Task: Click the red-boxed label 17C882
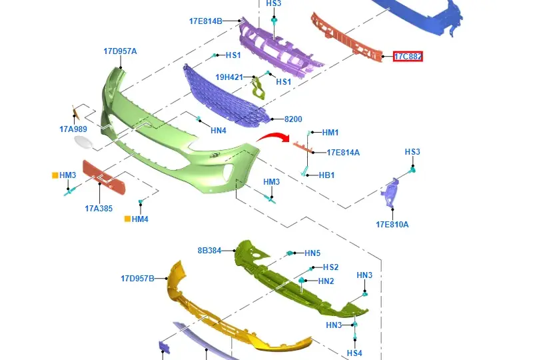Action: click(x=408, y=57)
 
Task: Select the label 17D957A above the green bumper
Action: click(x=120, y=51)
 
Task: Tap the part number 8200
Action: click(x=293, y=119)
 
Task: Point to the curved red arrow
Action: click(x=273, y=137)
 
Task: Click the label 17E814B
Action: click(x=206, y=21)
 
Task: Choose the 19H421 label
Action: click(x=229, y=77)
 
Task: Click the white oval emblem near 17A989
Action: click(x=84, y=142)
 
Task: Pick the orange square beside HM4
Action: click(x=127, y=219)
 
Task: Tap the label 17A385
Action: click(x=99, y=209)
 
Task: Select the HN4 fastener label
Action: click(x=219, y=131)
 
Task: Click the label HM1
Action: click(x=330, y=133)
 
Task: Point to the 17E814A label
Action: click(x=343, y=153)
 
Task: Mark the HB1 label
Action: click(x=326, y=175)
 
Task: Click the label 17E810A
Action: click(x=392, y=225)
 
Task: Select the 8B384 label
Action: click(x=209, y=251)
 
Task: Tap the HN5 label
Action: click(x=312, y=253)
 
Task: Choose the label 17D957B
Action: click(x=137, y=279)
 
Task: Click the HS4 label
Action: click(x=354, y=353)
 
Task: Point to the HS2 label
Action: click(x=330, y=267)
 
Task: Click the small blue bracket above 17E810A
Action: click(x=390, y=192)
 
